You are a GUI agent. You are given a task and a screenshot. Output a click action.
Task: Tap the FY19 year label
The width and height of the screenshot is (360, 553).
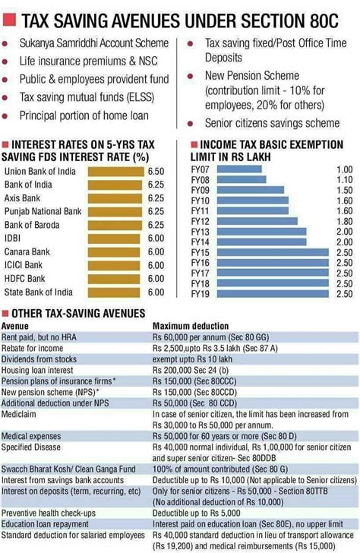point(201,293)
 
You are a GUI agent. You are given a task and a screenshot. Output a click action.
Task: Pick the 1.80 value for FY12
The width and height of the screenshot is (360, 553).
point(344,221)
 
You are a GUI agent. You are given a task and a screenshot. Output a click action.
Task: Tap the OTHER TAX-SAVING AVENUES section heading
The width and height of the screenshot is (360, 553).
point(75,314)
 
